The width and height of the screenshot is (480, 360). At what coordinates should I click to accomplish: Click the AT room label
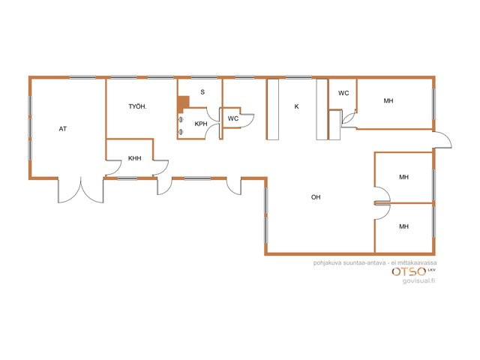tap(63, 129)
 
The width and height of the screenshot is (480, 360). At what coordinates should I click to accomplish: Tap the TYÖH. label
tap(137, 106)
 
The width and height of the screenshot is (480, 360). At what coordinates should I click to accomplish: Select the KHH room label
tap(135, 158)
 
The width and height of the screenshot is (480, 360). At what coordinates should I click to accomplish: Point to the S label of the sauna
tap(202, 91)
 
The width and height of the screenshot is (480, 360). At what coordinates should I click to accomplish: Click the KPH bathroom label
tap(201, 124)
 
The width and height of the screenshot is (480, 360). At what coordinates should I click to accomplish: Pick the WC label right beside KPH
tap(233, 118)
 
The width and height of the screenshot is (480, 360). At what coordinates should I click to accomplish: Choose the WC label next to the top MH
tap(343, 93)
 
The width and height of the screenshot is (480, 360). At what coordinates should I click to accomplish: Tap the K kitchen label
tap(296, 106)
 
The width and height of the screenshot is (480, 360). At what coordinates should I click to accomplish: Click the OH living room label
tap(316, 197)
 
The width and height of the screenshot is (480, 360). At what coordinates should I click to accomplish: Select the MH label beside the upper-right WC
tap(388, 100)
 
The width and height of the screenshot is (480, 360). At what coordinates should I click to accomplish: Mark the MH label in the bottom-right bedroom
tap(403, 226)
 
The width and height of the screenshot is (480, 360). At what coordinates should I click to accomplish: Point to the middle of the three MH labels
tap(403, 177)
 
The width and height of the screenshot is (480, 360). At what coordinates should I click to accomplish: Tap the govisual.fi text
tap(418, 280)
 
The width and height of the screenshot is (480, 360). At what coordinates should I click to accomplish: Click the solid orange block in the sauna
tap(183, 103)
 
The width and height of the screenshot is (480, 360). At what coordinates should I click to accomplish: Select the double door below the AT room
tap(81, 190)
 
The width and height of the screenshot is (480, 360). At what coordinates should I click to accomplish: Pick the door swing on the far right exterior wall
tap(442, 140)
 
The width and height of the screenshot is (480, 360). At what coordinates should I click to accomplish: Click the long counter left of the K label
tap(273, 109)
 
